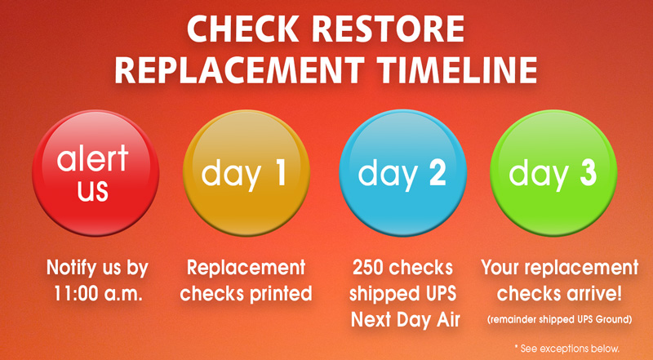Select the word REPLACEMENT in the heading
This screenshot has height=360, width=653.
point(239,69)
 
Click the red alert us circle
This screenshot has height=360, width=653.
point(96,172)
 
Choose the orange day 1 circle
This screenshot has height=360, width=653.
point(247,172)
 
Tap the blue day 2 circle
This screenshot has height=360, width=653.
point(402,172)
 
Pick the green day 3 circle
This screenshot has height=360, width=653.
point(553,172)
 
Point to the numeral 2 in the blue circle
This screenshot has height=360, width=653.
point(438,173)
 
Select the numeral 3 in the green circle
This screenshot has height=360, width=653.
point(588,173)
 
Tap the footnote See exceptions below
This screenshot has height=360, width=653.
point(567,349)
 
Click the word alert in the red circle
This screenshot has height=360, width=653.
point(93,158)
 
